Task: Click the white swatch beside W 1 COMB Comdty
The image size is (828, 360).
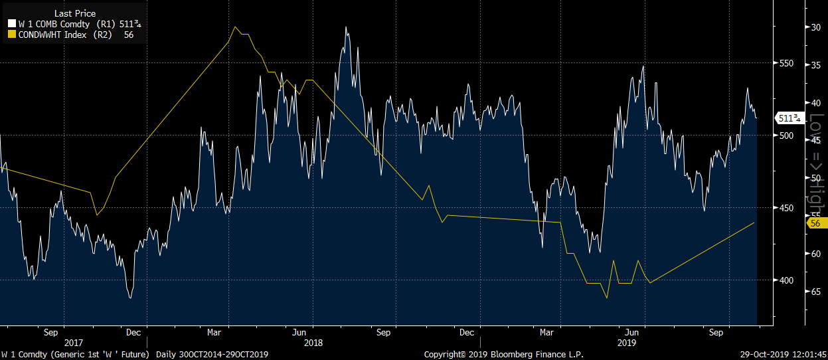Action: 11,25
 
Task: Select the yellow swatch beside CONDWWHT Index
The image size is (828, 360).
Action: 11,35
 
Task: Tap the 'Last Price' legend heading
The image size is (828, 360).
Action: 74,13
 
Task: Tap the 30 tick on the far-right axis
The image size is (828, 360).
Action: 813,27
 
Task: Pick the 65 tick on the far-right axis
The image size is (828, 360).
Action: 813,292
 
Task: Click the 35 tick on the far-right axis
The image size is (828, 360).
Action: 813,65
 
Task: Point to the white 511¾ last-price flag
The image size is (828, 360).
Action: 789,118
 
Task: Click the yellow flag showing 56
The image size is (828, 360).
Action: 815,223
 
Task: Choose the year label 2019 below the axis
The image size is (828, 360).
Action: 627,343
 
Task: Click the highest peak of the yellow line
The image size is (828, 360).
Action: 236,27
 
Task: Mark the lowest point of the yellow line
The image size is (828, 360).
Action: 607,298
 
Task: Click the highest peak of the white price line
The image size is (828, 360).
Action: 346,27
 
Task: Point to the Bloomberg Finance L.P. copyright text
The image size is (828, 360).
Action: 504,355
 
